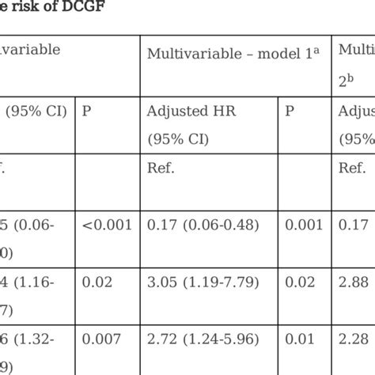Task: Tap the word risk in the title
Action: click(25, 10)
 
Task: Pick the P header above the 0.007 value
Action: click(87, 112)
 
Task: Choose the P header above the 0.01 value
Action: click(290, 112)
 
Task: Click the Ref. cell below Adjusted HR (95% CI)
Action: click(161, 168)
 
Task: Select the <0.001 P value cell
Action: click(108, 225)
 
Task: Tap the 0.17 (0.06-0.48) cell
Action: click(203, 225)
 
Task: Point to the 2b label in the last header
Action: click(344, 81)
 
